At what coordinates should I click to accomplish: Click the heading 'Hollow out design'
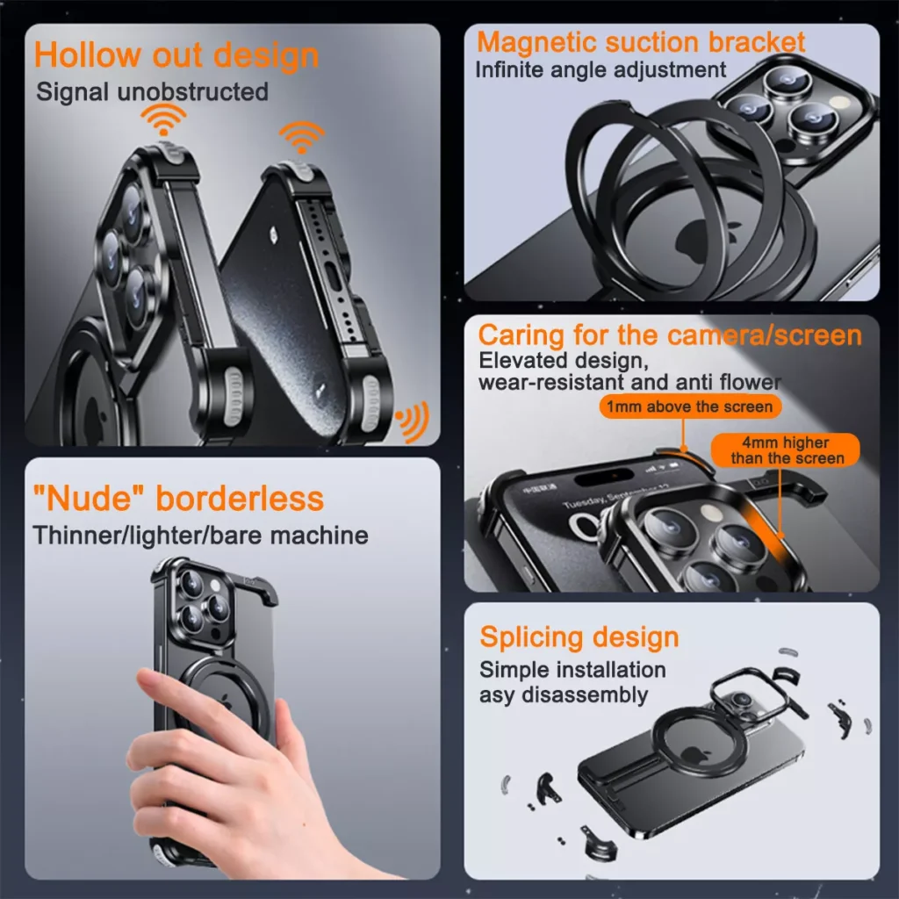176,55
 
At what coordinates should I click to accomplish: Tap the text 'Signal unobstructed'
152,91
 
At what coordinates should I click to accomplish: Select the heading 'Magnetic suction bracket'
640,42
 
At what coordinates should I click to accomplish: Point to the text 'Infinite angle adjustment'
601,70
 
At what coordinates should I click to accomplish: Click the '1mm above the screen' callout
690,406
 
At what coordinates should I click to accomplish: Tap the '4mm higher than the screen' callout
786,450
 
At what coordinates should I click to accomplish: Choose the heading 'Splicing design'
579,637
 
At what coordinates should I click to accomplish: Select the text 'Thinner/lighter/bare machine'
201,536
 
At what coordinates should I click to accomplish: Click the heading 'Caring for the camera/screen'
670,334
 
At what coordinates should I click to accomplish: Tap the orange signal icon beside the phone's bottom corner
413,421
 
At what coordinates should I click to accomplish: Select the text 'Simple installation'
572,670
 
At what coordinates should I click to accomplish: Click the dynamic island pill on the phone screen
604,475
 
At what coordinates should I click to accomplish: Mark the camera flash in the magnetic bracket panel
839,102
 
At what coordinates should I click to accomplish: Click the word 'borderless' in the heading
240,498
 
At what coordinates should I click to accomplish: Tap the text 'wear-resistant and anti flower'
629,382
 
